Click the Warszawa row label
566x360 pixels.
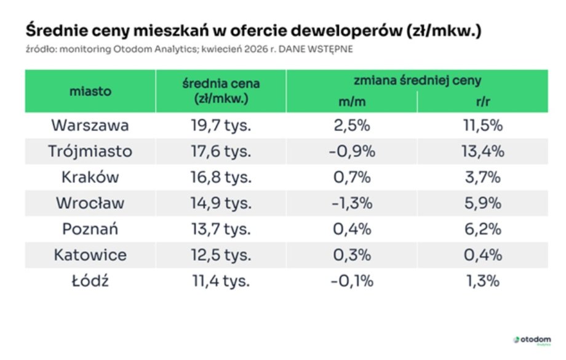coord(90,126)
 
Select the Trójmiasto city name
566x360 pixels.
coord(90,151)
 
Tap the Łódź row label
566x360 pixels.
coord(90,281)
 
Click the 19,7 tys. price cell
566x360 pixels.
coord(221,126)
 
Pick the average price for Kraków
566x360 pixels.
coord(221,177)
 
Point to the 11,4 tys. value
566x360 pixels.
coord(221,281)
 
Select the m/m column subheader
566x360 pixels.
coord(351,102)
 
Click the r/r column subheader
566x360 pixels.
coord(482,102)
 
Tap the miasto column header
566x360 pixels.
coord(90,91)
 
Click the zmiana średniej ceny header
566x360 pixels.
coord(417,80)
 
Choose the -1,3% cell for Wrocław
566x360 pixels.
coord(351,203)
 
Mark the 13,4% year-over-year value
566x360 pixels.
coord(482,151)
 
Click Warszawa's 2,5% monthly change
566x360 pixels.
coord(351,126)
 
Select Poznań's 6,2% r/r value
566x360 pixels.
coord(482,230)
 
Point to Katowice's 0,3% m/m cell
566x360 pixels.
coord(351,255)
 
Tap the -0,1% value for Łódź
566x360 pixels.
coord(351,281)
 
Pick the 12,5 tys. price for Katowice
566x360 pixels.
coord(221,255)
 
